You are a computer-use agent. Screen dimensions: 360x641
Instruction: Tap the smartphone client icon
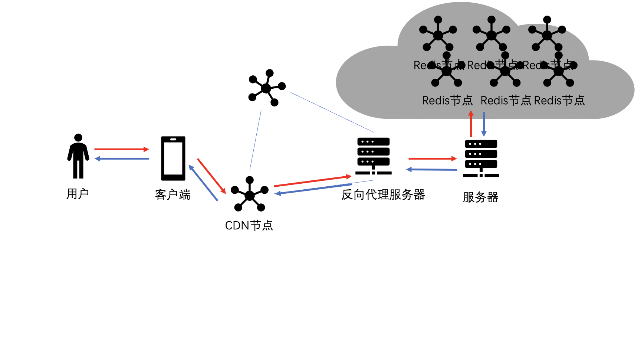(173, 158)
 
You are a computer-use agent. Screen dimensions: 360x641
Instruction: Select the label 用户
(78, 194)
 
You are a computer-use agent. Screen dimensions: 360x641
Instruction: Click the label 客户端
(172, 195)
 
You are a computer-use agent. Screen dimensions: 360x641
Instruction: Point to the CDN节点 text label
(249, 226)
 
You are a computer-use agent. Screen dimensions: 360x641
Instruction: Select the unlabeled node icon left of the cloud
(266, 88)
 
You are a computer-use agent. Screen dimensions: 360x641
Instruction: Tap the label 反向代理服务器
(383, 194)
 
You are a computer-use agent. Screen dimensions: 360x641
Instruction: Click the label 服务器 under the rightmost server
(480, 197)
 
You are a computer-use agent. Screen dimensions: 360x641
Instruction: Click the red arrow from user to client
(121, 149)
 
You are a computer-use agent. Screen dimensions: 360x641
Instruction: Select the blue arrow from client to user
(122, 159)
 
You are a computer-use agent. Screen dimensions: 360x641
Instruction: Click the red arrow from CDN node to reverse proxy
(312, 181)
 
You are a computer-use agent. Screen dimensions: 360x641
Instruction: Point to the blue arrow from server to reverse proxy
(432, 170)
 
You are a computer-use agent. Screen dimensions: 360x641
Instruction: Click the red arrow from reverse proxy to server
(432, 158)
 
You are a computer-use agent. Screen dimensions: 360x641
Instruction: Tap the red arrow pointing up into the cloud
(471, 124)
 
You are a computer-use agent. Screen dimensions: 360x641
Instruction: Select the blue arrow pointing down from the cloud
(484, 124)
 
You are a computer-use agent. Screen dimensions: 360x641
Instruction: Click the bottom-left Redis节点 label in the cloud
(447, 101)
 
